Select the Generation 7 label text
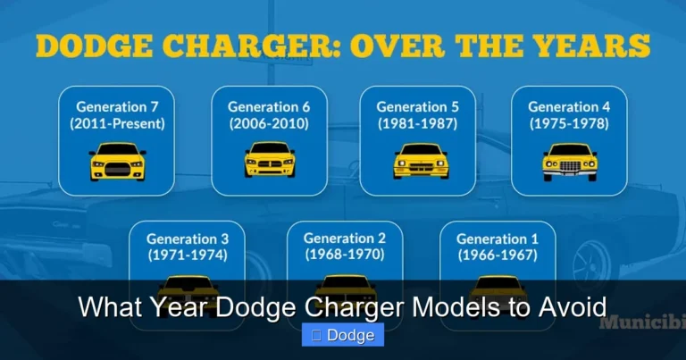point(117,106)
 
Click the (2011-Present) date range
point(117,124)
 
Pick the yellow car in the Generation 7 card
point(117,162)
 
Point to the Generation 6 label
point(269,106)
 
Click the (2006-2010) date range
point(269,124)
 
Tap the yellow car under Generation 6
point(269,162)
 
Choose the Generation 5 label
point(417,106)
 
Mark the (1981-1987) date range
point(417,124)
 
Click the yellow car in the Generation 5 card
point(417,162)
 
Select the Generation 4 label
point(569,106)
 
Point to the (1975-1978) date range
point(569,124)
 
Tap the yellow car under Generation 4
point(569,162)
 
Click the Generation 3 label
point(188,239)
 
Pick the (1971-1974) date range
point(188,255)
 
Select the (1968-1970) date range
point(345,255)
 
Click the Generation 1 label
point(498,239)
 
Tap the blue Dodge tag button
point(343,336)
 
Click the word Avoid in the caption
point(573,307)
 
